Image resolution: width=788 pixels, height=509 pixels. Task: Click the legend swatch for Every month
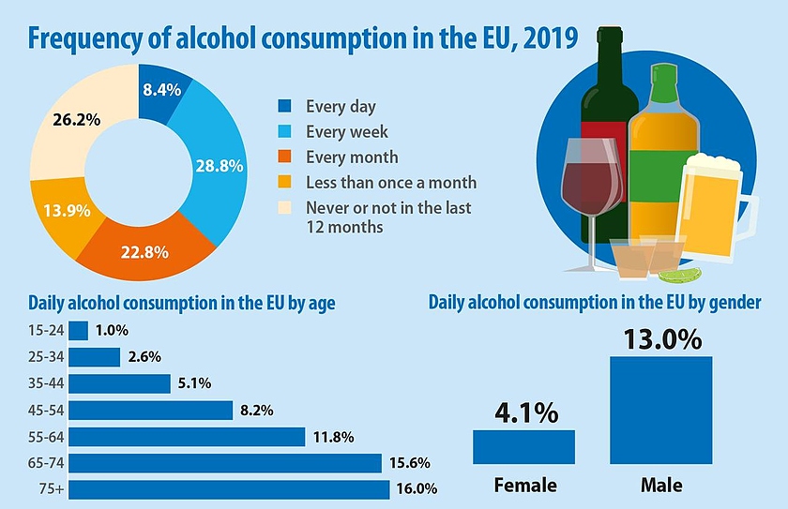pyautogui.click(x=286, y=157)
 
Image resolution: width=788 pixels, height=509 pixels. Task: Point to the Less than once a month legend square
pyautogui.click(x=286, y=182)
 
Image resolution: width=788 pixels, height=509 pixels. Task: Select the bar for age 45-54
pyautogui.click(x=150, y=410)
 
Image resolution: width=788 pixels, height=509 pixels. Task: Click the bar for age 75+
pyautogui.click(x=229, y=489)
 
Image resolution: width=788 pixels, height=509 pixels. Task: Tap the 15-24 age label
pyautogui.click(x=47, y=331)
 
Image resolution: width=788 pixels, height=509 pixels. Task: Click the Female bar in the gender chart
pyautogui.click(x=523, y=447)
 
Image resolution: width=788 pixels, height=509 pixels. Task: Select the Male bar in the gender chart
pyautogui.click(x=660, y=411)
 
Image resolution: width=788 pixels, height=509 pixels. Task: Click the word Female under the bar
pyautogui.click(x=524, y=485)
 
